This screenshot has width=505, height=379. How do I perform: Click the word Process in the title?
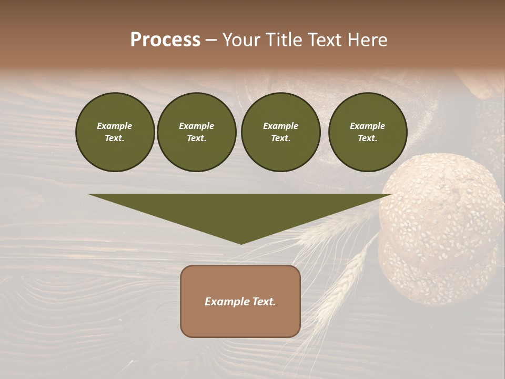coord(165,40)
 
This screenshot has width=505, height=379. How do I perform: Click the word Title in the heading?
coord(282,40)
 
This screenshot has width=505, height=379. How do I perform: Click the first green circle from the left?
coord(115,132)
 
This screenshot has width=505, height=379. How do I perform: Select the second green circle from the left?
coord(196,132)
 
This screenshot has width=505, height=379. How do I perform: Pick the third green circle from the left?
coord(280,132)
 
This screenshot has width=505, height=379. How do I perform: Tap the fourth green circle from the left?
coord(368,132)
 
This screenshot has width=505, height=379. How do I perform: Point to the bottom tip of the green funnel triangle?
coord(241,243)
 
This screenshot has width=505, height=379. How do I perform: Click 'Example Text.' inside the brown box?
coord(240,302)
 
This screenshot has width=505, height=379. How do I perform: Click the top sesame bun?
coord(445,205)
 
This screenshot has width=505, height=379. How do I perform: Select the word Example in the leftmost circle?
coord(115,126)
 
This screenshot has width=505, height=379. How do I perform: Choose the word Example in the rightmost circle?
coord(368,126)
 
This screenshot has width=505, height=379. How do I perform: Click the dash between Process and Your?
coord(211,41)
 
